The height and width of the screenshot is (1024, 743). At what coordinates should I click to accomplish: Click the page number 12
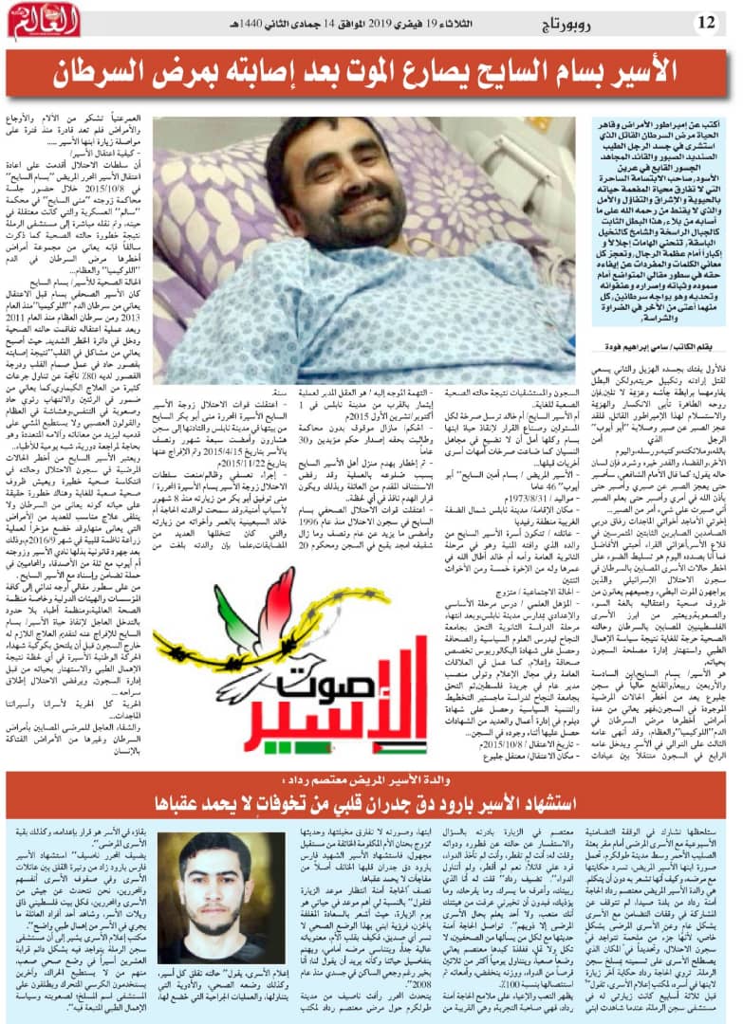pos(708,21)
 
